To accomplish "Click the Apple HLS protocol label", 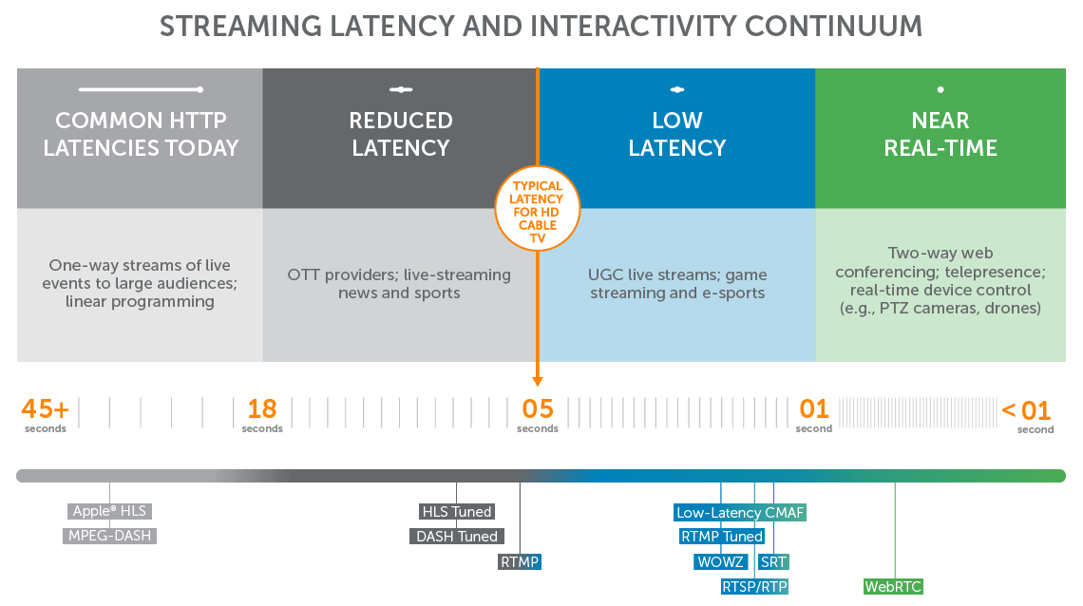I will click(x=109, y=511).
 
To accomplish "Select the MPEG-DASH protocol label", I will click(x=109, y=536).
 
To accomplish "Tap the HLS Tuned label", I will click(x=456, y=512).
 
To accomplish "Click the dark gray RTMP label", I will click(x=520, y=562).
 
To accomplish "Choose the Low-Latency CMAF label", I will click(x=740, y=513).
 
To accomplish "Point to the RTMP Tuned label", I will click(x=722, y=537).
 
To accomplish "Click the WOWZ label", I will click(x=720, y=562).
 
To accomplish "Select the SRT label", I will click(x=773, y=562).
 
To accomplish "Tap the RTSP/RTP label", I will click(x=754, y=587).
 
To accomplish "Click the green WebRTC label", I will click(x=893, y=587).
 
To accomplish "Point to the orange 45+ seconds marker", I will click(x=45, y=409).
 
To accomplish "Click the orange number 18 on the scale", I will click(x=261, y=409).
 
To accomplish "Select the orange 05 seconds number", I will click(x=537, y=409).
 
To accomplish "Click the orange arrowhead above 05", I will click(x=538, y=381).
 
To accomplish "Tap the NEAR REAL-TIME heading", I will click(x=940, y=134).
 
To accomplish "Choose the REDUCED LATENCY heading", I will click(x=400, y=134).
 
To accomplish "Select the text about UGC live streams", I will click(x=677, y=284).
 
